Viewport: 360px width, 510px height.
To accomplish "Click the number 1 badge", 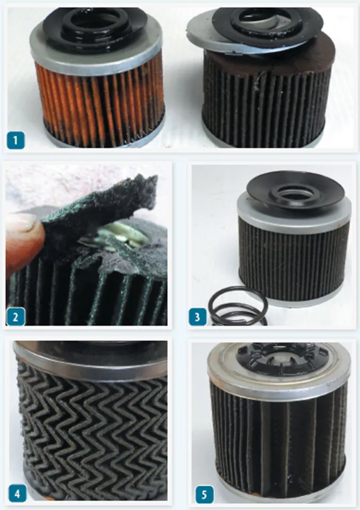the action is point(15,140).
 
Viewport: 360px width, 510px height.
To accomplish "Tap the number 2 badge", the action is point(15,316).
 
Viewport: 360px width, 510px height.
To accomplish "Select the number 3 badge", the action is point(197,317).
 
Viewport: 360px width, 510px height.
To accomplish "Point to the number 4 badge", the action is point(17,493).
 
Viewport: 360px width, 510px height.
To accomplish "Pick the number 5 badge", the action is point(204,495).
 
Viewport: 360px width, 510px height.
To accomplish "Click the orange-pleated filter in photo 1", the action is point(98,78).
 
